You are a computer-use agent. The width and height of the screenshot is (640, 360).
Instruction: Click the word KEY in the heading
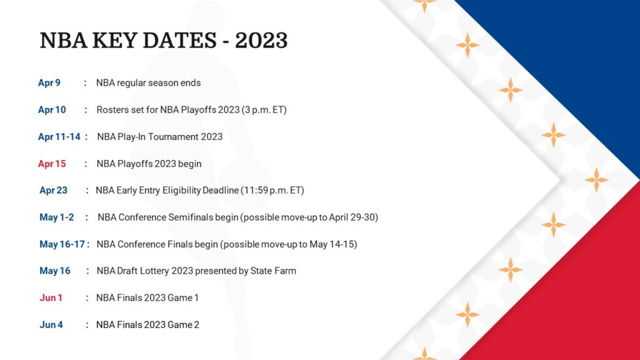point(114,40)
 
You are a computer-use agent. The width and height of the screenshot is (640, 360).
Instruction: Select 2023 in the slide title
point(261,40)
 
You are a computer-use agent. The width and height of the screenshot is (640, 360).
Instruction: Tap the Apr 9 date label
point(49,82)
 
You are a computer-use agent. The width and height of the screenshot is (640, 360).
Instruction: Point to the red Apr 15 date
point(52,164)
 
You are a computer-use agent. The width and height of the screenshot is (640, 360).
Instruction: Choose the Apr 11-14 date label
point(59,137)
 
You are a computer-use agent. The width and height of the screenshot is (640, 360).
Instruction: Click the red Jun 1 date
point(51,297)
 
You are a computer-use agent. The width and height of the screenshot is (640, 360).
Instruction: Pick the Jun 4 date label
point(51,325)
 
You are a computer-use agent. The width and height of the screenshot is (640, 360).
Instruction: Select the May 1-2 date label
point(57,217)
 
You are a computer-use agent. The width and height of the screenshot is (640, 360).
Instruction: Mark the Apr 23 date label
point(53,191)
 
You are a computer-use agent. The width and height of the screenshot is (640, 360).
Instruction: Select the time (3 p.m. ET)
point(264,110)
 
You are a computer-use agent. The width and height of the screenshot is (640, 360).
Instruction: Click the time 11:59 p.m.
point(265,191)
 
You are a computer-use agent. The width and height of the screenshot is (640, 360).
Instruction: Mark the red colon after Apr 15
point(86,164)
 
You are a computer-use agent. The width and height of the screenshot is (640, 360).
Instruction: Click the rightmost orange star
point(596,180)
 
